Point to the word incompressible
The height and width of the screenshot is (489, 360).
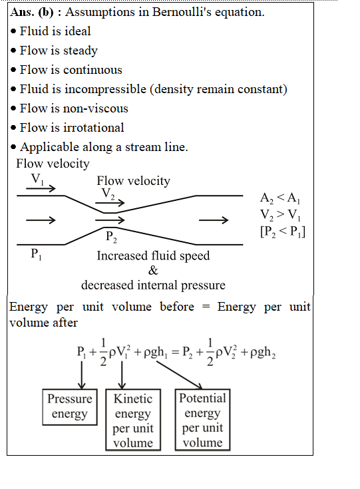pos(105,90)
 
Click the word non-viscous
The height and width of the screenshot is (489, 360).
pos(95,108)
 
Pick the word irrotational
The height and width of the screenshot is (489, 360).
pos(94,128)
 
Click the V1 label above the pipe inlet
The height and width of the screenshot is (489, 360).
pos(37,180)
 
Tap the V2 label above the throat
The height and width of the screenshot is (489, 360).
pos(108,194)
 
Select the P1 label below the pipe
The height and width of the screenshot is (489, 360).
pos(36,254)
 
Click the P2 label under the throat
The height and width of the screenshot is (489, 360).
pos(111,237)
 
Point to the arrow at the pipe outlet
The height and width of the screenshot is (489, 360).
pos(214,220)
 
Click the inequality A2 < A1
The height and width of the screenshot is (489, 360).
pos(280,198)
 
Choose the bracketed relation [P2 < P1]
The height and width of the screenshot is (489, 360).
pos(283,232)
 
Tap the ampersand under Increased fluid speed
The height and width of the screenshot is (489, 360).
pos(153,270)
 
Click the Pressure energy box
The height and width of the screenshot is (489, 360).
pos(70,407)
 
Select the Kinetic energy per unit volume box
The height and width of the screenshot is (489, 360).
pos(133,420)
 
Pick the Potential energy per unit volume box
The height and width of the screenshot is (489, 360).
pos(203,420)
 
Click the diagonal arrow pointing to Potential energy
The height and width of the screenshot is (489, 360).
pos(180,375)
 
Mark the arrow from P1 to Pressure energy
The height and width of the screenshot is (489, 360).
pos(82,375)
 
